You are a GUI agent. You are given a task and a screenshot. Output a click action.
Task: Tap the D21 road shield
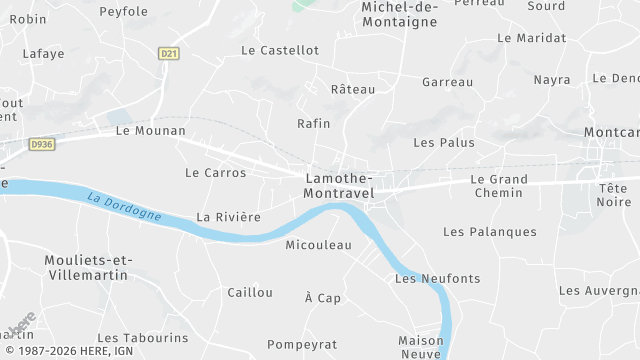coord(168,54)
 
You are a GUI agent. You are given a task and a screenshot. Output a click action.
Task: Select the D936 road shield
coord(41,144)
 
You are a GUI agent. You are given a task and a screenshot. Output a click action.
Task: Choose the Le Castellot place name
coord(280,50)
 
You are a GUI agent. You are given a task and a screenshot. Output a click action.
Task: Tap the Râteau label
coord(352,89)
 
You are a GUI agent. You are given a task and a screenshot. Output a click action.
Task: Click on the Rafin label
coord(313,123)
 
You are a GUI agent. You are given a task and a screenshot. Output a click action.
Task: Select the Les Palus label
coord(443,142)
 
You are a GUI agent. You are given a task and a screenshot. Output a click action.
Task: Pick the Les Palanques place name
coord(489,232)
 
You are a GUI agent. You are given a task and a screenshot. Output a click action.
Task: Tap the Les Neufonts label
coord(437,278)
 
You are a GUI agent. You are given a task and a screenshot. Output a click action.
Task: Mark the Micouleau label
coord(319,244)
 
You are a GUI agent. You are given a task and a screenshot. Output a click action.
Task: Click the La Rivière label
coord(228,216)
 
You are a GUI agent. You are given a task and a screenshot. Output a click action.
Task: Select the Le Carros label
coord(215,173)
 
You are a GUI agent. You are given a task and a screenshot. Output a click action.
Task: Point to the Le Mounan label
coord(151,130)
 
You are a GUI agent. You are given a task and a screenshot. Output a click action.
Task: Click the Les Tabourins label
coord(143,338)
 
